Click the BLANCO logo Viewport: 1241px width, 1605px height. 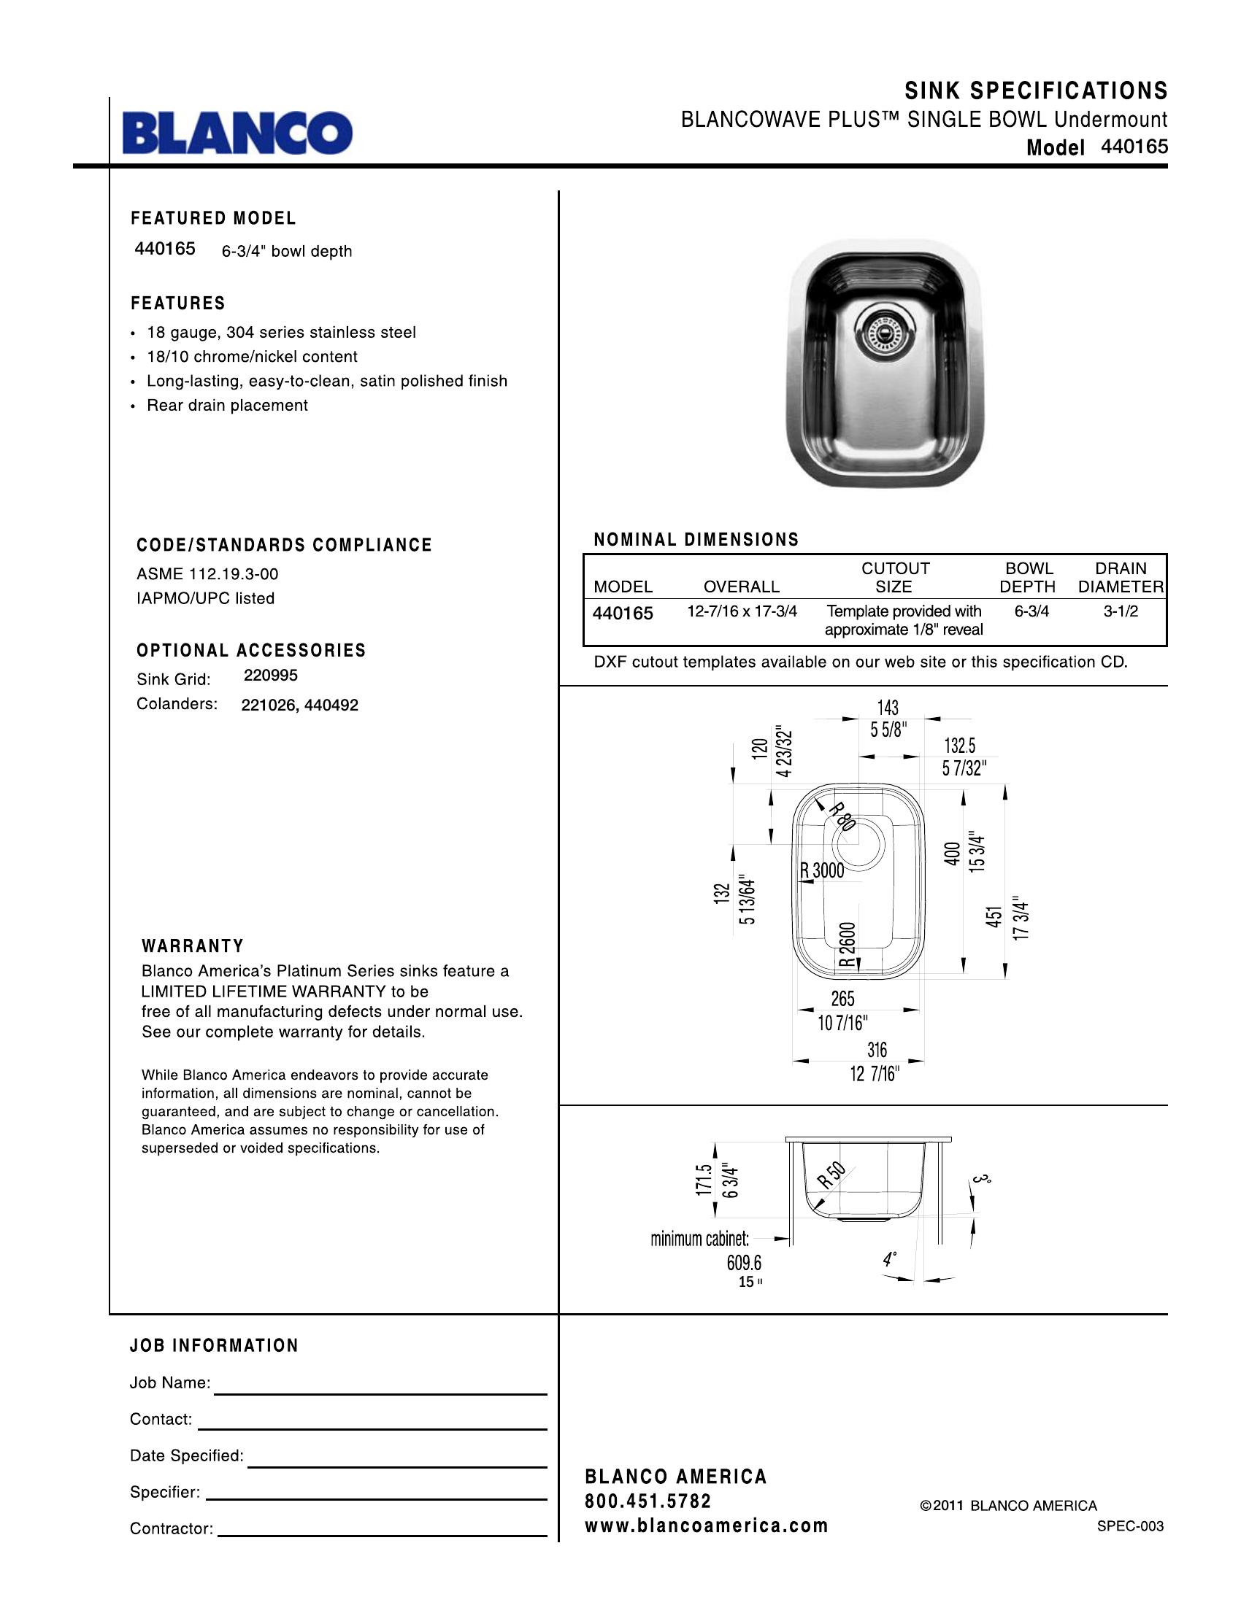click(x=237, y=132)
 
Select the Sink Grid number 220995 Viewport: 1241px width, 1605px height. click(x=271, y=675)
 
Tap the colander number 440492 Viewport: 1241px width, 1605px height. click(x=331, y=705)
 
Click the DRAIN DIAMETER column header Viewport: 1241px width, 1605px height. click(x=1121, y=577)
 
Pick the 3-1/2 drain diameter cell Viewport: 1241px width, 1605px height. click(x=1121, y=611)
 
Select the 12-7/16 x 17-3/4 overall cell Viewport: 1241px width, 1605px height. click(x=742, y=611)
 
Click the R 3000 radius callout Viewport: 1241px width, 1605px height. click(x=822, y=871)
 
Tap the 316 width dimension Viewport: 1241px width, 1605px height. click(x=876, y=1049)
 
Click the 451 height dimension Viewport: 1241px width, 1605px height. click(x=994, y=916)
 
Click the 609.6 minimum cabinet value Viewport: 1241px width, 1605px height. click(x=744, y=1263)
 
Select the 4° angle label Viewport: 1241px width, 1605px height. click(x=890, y=1260)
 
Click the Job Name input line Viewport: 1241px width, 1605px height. click(x=380, y=1393)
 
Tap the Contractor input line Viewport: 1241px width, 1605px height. click(x=383, y=1535)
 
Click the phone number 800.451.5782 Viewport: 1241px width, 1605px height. click(x=648, y=1501)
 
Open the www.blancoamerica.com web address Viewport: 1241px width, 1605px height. click(x=706, y=1525)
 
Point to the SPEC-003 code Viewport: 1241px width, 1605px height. click(x=1130, y=1526)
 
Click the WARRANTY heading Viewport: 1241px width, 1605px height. click(x=193, y=945)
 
